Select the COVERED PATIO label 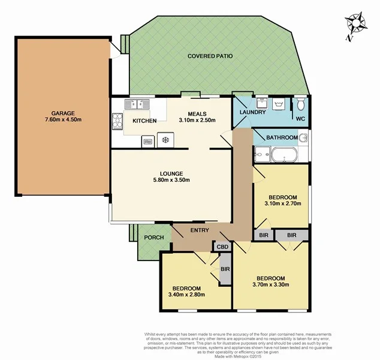(x=210, y=56)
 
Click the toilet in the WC (x=300, y=106)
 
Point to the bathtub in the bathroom (x=282, y=157)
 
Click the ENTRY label (x=200, y=230)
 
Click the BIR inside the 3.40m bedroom (x=226, y=269)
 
